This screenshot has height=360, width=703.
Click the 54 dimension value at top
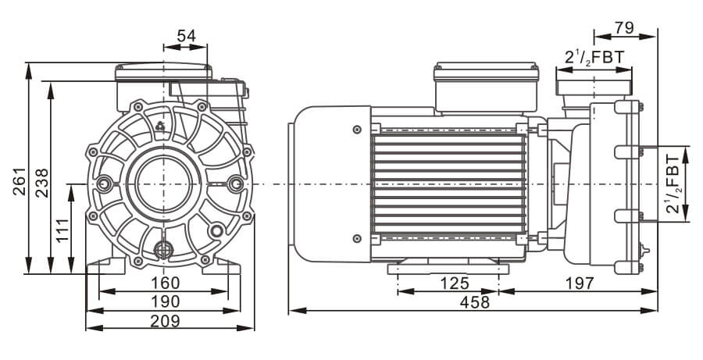coord(186,36)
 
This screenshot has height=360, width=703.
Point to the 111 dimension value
coord(63,229)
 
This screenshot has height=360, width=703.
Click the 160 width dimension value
coord(164,283)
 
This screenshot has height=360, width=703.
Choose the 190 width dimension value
coord(164,301)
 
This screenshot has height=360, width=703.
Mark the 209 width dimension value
coord(164,321)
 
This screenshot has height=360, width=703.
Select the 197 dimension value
coord(579,283)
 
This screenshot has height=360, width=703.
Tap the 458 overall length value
coord(474,302)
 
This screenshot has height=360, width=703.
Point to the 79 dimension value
coord(625,28)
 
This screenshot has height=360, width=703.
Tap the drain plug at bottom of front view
coord(163,250)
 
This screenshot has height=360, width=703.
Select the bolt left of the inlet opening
coord(105,184)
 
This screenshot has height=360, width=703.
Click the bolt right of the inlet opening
coord(236,184)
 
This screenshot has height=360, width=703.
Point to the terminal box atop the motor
coord(486,86)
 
